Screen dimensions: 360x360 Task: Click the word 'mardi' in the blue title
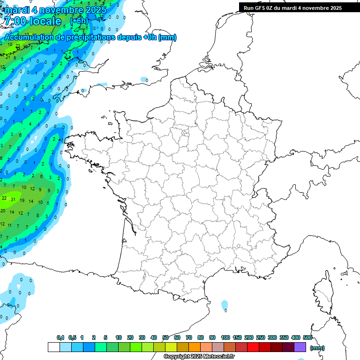pyautogui.click(x=16, y=9)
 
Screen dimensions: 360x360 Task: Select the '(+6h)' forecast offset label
pyautogui.click(x=79, y=21)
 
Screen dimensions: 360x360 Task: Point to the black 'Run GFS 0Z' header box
pyautogui.click(x=292, y=7)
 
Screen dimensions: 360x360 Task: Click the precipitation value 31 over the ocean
pyautogui.click(x=14, y=199)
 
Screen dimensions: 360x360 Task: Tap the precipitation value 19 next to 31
pyautogui.click(x=22, y=201)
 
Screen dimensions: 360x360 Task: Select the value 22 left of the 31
pyautogui.click(x=4, y=198)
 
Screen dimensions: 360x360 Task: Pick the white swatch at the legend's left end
pyautogui.click(x=54, y=347)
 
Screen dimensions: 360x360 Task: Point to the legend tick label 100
pyautogui.click(x=225, y=337)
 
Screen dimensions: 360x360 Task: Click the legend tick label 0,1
pyautogui.click(x=60, y=337)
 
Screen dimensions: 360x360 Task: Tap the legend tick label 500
pyautogui.click(x=307, y=337)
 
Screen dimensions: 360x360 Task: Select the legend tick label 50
pyautogui.click(x=165, y=337)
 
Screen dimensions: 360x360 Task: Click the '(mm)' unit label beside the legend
pyautogui.click(x=317, y=348)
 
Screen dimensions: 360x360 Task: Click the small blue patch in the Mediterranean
pyautogui.click(x=225, y=306)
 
